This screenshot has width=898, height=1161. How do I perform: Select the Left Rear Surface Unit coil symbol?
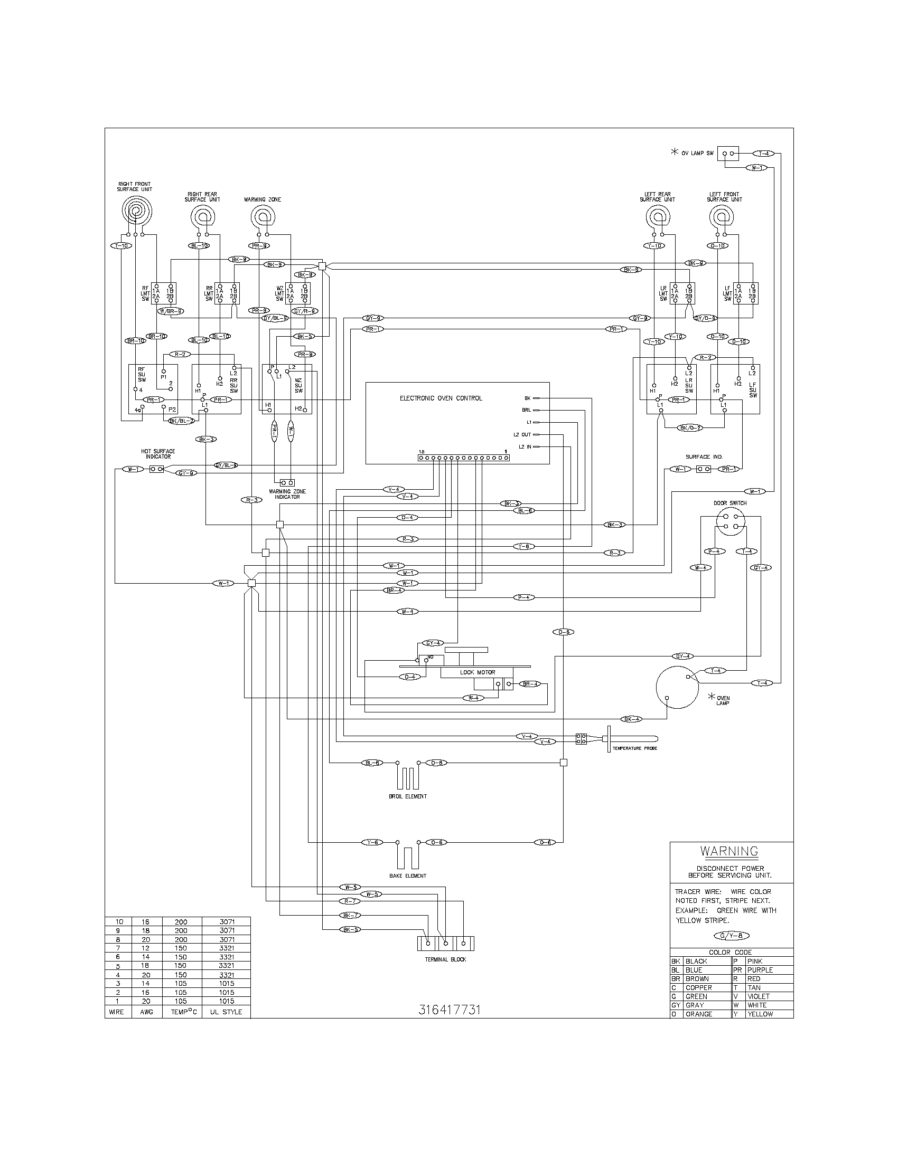pyautogui.click(x=658, y=217)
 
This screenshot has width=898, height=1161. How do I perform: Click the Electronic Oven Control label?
pyautogui.click(x=441, y=398)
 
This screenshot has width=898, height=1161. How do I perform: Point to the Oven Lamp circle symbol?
pyautogui.click(x=677, y=687)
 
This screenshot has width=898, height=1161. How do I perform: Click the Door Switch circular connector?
pyautogui.click(x=730, y=521)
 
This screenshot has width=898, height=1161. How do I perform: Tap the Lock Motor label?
pyautogui.click(x=477, y=672)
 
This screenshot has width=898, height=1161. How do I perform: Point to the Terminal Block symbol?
pyautogui.click(x=445, y=944)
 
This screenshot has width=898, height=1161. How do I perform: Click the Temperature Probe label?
pyautogui.click(x=634, y=748)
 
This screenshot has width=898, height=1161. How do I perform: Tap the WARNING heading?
pyautogui.click(x=729, y=851)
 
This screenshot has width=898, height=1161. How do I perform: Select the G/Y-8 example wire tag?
pyautogui.click(x=734, y=936)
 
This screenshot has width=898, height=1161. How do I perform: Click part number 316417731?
pyautogui.click(x=450, y=1010)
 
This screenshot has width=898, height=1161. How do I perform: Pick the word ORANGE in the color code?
pyautogui.click(x=698, y=1014)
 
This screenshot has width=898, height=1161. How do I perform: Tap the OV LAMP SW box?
pyautogui.click(x=728, y=154)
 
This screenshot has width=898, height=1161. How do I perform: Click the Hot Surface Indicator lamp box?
pyautogui.click(x=156, y=469)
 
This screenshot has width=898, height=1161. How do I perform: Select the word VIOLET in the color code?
pyautogui.click(x=758, y=997)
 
